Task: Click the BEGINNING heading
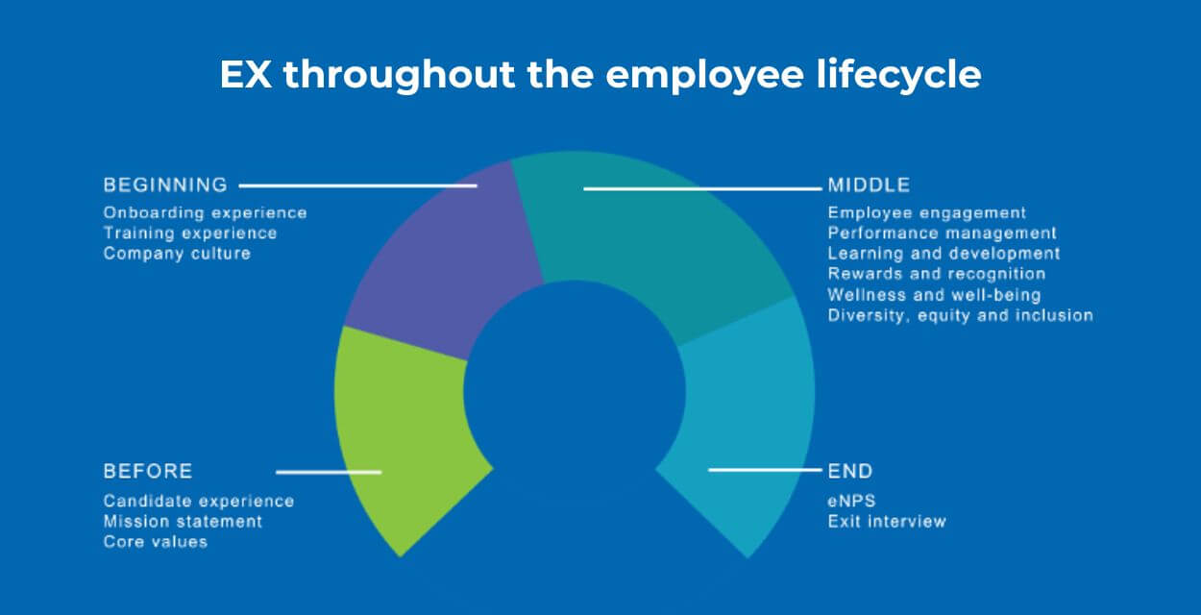coord(165,184)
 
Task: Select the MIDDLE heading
coord(869,184)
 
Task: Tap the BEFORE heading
coord(148,471)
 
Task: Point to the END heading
coord(850,471)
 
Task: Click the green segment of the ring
coord(404,432)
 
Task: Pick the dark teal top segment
coord(653,240)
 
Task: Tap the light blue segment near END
coord(749,413)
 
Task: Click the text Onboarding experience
coord(205,212)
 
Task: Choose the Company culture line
coord(177,254)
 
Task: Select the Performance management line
coord(942,233)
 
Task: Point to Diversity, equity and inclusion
coord(960,315)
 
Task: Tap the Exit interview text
coord(887,521)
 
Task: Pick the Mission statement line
coord(183,521)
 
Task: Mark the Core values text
coord(156,542)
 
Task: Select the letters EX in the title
coord(247,74)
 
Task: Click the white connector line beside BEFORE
coord(329,471)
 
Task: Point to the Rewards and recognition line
coord(936,274)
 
